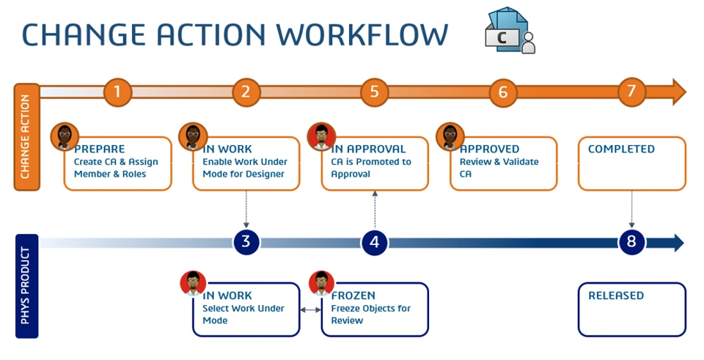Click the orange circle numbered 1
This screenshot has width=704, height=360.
[117, 92]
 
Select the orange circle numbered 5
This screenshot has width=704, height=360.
[374, 92]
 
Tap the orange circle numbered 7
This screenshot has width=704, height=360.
[631, 92]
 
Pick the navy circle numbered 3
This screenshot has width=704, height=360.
[246, 242]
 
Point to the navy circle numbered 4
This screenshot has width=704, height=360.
[374, 242]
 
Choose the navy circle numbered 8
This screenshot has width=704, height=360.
[631, 242]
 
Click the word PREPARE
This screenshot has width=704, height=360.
[100, 149]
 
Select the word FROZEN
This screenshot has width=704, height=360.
[353, 295]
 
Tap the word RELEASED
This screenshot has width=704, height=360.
[616, 295]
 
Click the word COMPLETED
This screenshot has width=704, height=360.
[621, 149]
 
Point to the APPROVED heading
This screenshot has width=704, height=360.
[490, 149]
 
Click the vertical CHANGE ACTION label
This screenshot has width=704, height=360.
[26, 137]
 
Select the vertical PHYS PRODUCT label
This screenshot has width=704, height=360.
[26, 286]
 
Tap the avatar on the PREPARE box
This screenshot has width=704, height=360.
[65, 136]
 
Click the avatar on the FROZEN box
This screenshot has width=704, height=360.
[322, 283]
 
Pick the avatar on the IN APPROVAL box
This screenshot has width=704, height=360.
[321, 136]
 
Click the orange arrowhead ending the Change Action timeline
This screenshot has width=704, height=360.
[678, 92]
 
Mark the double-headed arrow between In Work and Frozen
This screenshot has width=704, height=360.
[311, 310]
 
